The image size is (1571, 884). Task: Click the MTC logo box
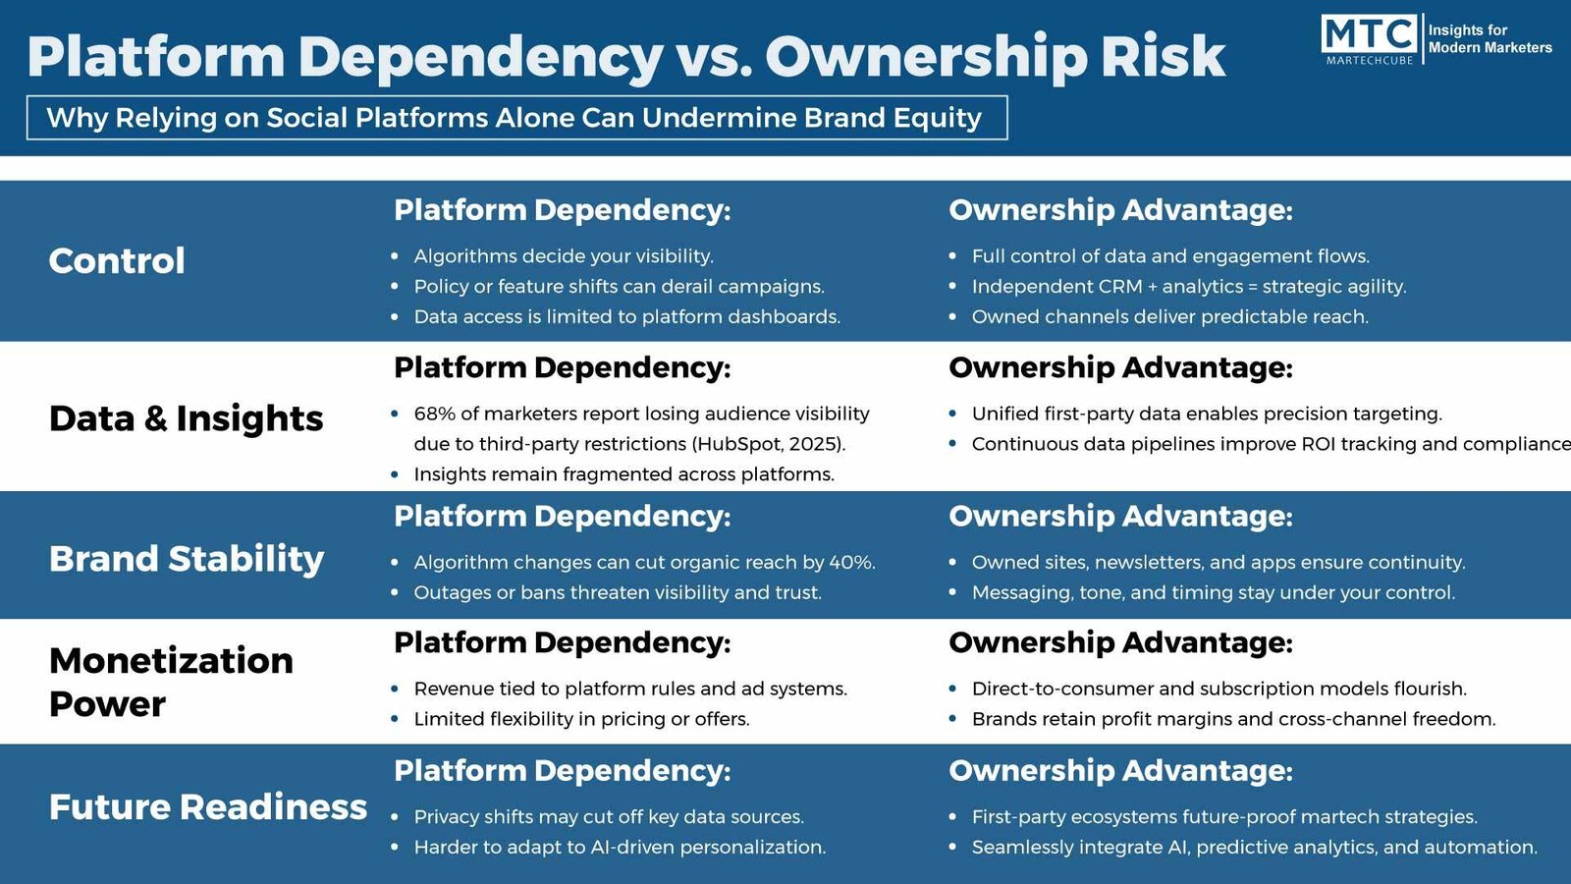click(x=1369, y=39)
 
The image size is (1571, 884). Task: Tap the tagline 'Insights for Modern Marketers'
click(x=1490, y=38)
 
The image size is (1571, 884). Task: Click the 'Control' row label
click(x=117, y=261)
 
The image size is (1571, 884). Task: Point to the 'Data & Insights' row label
click(x=186, y=418)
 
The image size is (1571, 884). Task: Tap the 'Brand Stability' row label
click(x=187, y=559)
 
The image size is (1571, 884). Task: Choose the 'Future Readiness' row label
click(x=207, y=806)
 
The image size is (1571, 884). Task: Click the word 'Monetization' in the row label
click(x=171, y=661)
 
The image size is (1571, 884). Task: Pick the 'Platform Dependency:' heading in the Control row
click(x=562, y=210)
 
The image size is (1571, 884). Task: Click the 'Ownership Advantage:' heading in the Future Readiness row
click(x=1120, y=771)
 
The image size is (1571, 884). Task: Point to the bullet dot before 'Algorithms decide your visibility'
click(x=395, y=256)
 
